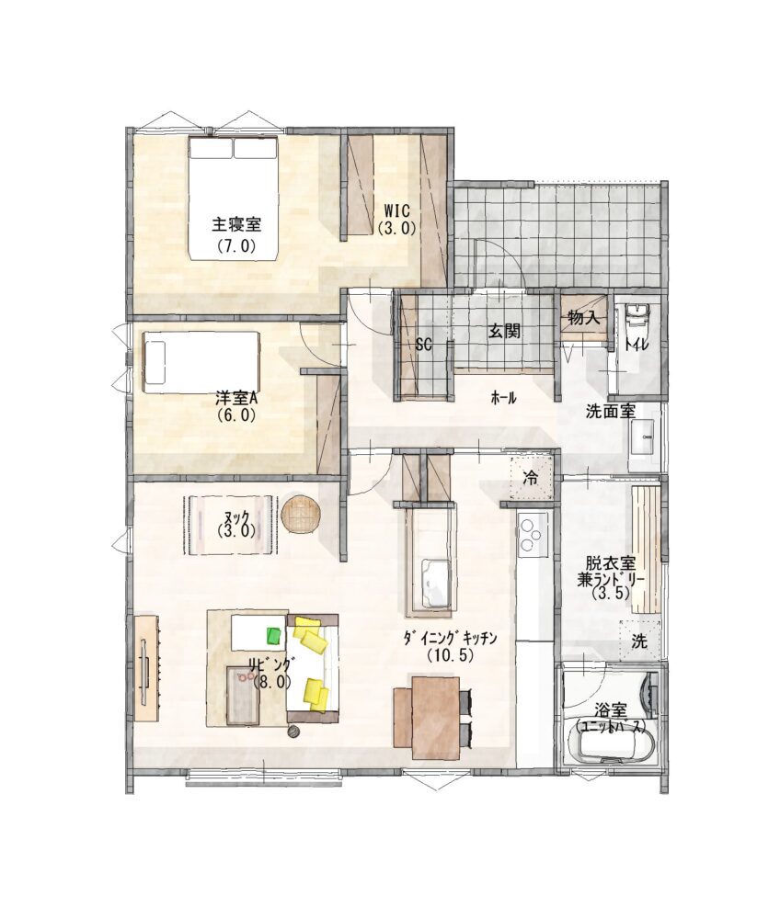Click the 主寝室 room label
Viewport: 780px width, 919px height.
coord(236,223)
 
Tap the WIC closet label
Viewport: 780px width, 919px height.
coord(397,210)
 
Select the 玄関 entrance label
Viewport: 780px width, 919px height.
coord(504,331)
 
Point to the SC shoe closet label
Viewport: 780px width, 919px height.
coord(423,345)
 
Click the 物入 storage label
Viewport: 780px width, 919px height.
coord(583,318)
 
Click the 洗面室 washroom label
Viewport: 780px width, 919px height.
coord(611,411)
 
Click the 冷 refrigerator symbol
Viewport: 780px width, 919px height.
coord(530,478)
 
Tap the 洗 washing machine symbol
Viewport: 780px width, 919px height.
coord(640,641)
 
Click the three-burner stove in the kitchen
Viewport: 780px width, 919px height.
coord(533,533)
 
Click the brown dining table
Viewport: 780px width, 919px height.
coord(435,718)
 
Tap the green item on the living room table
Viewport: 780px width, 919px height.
coord(274,635)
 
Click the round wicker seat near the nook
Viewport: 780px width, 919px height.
coord(301,514)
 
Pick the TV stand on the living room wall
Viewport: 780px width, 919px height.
coord(146,667)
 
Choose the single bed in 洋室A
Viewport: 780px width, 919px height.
coord(201,362)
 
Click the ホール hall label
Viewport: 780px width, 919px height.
coord(503,399)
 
